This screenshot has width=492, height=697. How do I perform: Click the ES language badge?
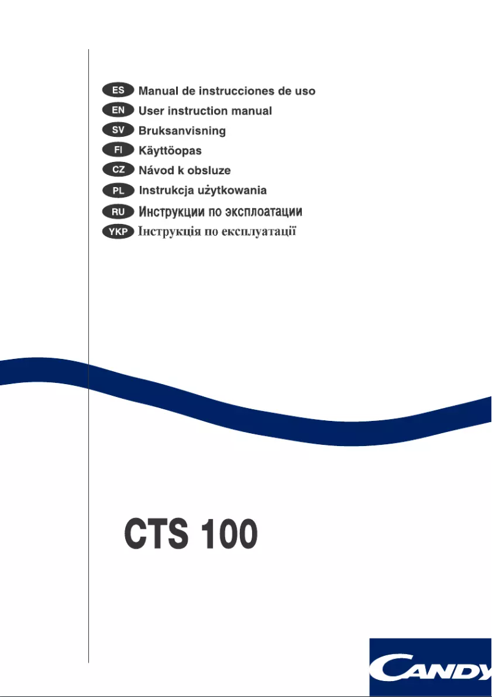[x=118, y=91]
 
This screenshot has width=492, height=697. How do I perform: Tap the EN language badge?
[x=118, y=110]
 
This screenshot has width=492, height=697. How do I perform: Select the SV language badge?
[x=118, y=130]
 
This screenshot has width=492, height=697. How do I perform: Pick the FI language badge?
[x=118, y=150]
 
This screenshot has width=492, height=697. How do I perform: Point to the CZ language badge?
[x=118, y=170]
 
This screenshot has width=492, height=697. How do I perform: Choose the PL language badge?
[x=118, y=190]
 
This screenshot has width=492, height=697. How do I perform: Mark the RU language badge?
[x=118, y=212]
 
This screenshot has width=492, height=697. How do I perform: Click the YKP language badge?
[x=118, y=232]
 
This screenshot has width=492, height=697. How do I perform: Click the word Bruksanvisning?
[x=182, y=131]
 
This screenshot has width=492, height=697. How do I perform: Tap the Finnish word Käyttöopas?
[x=170, y=150]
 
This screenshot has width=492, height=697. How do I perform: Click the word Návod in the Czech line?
[x=156, y=170]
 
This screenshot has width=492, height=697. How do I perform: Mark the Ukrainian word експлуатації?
[x=258, y=232]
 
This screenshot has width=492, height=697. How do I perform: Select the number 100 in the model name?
[x=231, y=534]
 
